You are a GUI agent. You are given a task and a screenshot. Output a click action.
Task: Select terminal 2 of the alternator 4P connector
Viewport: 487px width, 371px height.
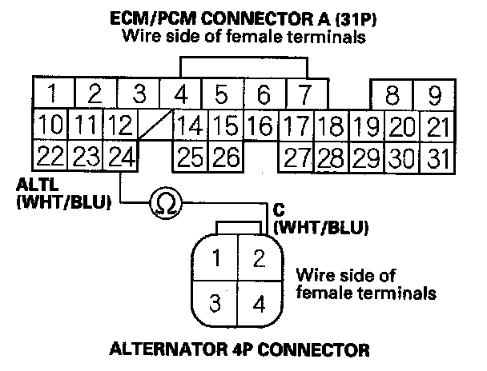click(257, 257)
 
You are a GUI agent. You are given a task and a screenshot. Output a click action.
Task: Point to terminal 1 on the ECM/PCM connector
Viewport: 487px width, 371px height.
click(51, 95)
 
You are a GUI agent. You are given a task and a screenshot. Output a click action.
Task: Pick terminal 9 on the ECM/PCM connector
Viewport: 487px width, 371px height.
click(434, 95)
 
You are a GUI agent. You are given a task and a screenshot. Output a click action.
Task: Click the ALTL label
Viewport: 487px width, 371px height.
click(33, 185)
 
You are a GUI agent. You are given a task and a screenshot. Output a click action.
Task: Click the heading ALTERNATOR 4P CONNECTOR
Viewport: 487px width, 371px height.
click(239, 349)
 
